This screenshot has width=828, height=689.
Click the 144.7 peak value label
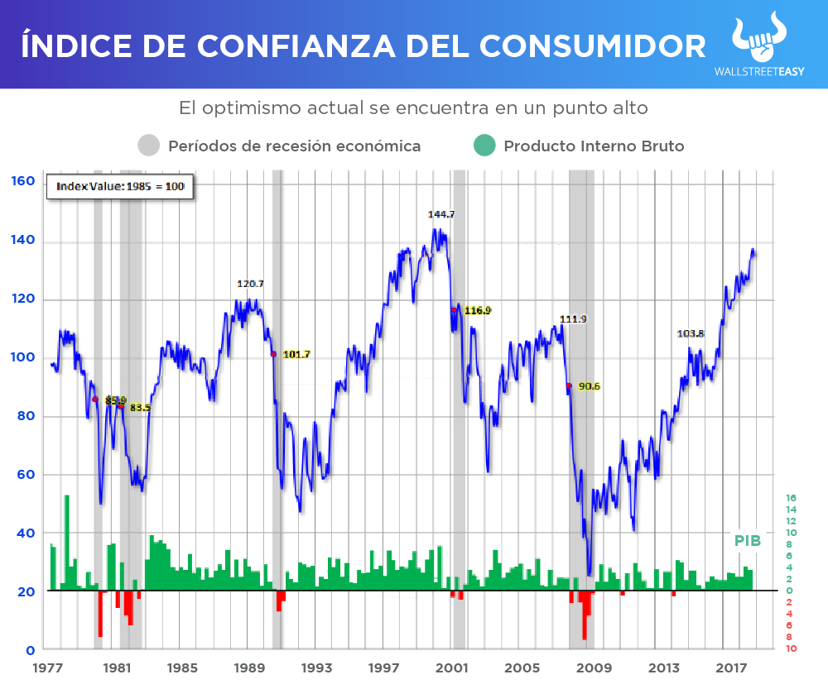click(x=441, y=214)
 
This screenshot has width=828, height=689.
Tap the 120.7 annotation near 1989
click(x=250, y=284)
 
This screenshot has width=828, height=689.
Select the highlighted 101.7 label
click(x=296, y=355)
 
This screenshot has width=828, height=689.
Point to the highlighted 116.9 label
click(x=477, y=310)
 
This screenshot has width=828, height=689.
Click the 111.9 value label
click(x=573, y=319)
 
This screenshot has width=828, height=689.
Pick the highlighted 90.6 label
click(x=590, y=386)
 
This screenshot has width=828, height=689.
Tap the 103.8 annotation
click(x=691, y=334)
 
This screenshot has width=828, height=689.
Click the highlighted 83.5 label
click(x=139, y=407)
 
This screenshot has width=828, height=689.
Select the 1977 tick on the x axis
click(x=51, y=667)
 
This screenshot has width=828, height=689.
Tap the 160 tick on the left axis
click(x=22, y=180)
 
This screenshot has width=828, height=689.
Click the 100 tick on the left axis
click(x=22, y=357)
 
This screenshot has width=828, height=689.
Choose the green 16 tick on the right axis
click(x=790, y=499)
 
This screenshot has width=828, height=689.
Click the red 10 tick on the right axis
click(x=790, y=649)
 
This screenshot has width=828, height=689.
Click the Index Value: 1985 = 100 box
click(x=119, y=186)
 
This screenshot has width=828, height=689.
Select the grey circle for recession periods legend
click(x=149, y=146)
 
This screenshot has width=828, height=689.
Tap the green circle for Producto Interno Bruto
click(x=484, y=146)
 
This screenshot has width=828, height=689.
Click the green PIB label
click(x=748, y=540)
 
